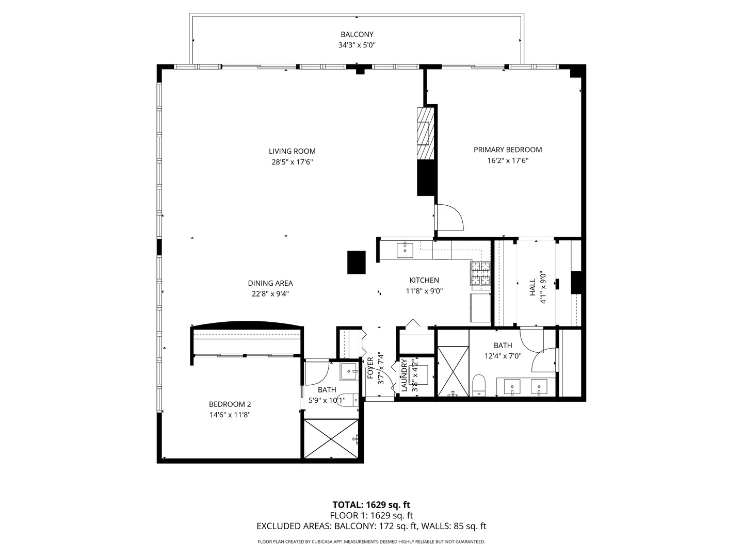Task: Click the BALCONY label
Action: (x=357, y=35)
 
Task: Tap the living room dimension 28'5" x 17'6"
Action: (x=292, y=162)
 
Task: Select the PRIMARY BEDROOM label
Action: (x=508, y=150)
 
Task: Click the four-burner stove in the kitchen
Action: (x=480, y=274)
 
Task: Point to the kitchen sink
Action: (x=405, y=250)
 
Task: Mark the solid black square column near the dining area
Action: (x=356, y=262)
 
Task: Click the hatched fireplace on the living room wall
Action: (x=425, y=133)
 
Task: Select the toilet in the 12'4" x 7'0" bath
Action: (x=479, y=385)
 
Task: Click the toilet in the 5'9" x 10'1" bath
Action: (x=348, y=400)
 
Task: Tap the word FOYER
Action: (x=370, y=368)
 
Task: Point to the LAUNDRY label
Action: (x=405, y=375)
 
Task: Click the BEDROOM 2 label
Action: (x=230, y=404)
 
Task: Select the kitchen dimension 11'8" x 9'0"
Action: (x=424, y=291)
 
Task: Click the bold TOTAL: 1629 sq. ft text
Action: (x=372, y=504)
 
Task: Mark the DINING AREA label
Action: (x=270, y=283)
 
